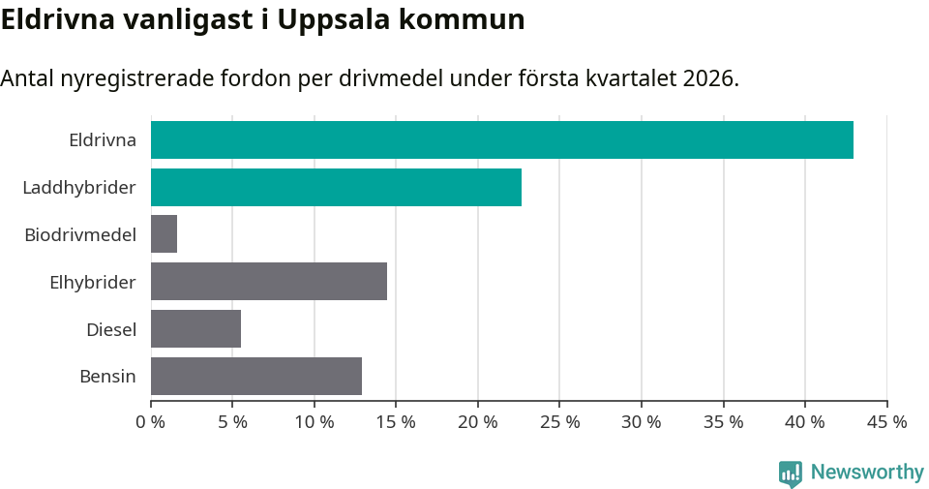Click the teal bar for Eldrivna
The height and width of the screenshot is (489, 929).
pyautogui.click(x=501, y=139)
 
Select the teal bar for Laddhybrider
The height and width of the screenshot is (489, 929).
pyautogui.click(x=336, y=187)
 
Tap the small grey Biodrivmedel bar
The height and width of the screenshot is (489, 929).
pyautogui.click(x=164, y=234)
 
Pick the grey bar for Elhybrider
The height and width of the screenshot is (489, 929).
pyautogui.click(x=269, y=282)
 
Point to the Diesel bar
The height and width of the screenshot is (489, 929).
pyautogui.click(x=195, y=329)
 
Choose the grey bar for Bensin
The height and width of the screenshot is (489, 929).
pyautogui.click(x=256, y=376)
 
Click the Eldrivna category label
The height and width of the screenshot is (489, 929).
pyautogui.click(x=102, y=139)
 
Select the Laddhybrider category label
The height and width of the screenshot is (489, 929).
pyautogui.click(x=79, y=187)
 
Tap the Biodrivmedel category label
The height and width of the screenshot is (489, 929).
pyautogui.click(x=80, y=234)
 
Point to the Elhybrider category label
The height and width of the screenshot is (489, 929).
pyautogui.click(x=93, y=282)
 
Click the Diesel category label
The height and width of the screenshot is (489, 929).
pyautogui.click(x=110, y=329)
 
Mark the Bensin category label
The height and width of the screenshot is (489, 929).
pyautogui.click(x=107, y=376)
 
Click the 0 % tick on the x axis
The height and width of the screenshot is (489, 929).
pyautogui.click(x=151, y=422)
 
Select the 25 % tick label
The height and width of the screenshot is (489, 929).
pyautogui.click(x=559, y=422)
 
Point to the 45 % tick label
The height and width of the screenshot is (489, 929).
pyautogui.click(x=886, y=422)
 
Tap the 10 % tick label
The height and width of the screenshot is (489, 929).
pyautogui.click(x=315, y=422)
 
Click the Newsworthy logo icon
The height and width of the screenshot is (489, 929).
pyautogui.click(x=791, y=473)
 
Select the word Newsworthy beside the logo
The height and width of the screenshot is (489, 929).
pyautogui.click(x=867, y=473)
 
